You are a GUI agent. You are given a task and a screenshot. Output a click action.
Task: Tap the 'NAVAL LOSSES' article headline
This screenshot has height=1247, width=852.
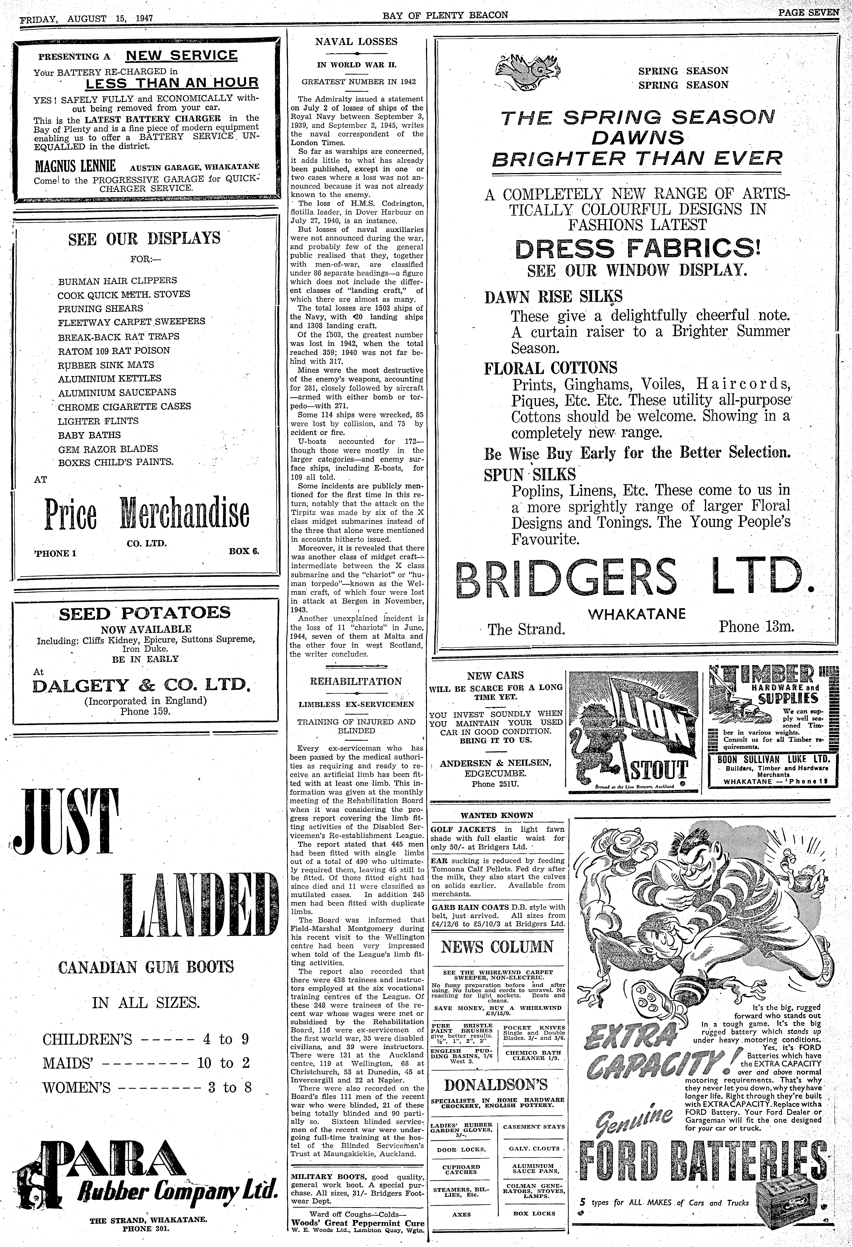coord(356,41)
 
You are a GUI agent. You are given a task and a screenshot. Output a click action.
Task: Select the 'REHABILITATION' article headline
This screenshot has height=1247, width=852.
coord(356,681)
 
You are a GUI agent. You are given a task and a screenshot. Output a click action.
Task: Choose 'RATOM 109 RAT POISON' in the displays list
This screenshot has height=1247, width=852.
coord(114,350)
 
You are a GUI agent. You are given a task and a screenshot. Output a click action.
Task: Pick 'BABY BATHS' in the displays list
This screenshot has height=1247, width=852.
coord(90,435)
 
